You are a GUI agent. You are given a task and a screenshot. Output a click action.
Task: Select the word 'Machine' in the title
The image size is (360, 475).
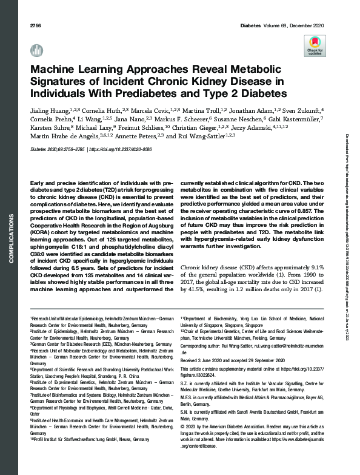pos(53,70)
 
